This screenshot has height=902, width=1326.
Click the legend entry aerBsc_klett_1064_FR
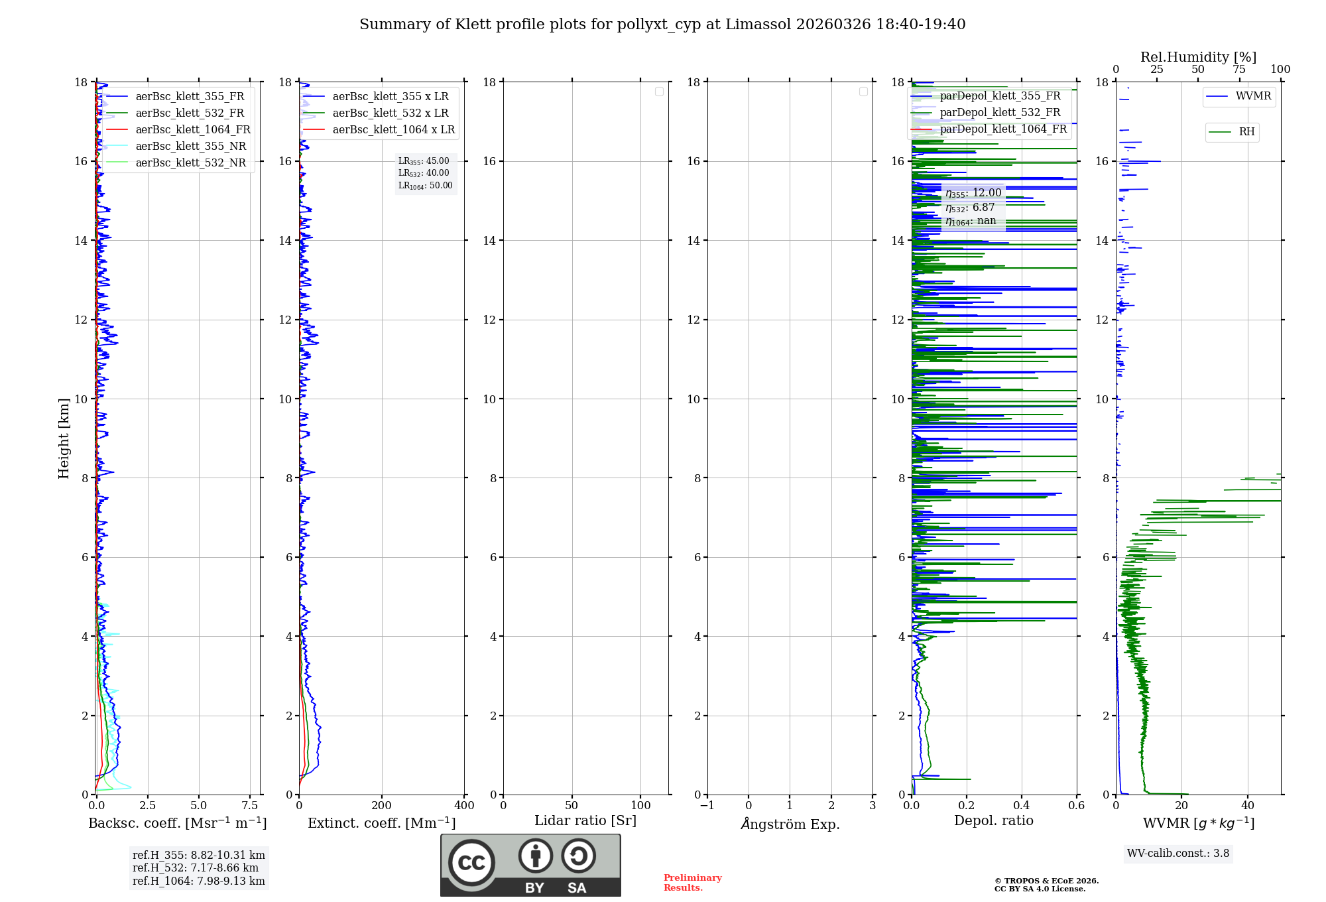[193, 130]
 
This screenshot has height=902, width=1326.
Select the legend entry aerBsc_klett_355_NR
[190, 147]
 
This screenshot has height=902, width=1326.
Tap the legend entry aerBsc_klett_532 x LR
[390, 113]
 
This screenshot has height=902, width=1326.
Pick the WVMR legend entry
[1253, 96]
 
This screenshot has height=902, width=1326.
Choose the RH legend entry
[1246, 132]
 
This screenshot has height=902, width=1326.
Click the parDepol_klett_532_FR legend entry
[1000, 113]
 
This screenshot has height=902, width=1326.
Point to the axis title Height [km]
[64, 438]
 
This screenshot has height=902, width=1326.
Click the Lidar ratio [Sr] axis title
[585, 821]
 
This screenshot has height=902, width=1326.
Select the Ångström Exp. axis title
[790, 824]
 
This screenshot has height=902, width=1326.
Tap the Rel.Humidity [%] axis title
[1198, 57]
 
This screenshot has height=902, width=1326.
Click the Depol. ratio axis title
[993, 821]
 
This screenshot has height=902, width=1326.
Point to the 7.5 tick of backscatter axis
[250, 806]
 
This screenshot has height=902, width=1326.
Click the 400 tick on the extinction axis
[464, 806]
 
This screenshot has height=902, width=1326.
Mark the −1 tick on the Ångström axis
[707, 806]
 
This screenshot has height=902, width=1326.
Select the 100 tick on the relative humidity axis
[1280, 70]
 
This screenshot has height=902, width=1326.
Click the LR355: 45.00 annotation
[424, 161]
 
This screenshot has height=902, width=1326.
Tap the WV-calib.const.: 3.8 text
[1178, 854]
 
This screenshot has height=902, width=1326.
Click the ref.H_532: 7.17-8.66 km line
[196, 868]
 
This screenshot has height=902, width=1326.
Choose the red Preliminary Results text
[692, 883]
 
